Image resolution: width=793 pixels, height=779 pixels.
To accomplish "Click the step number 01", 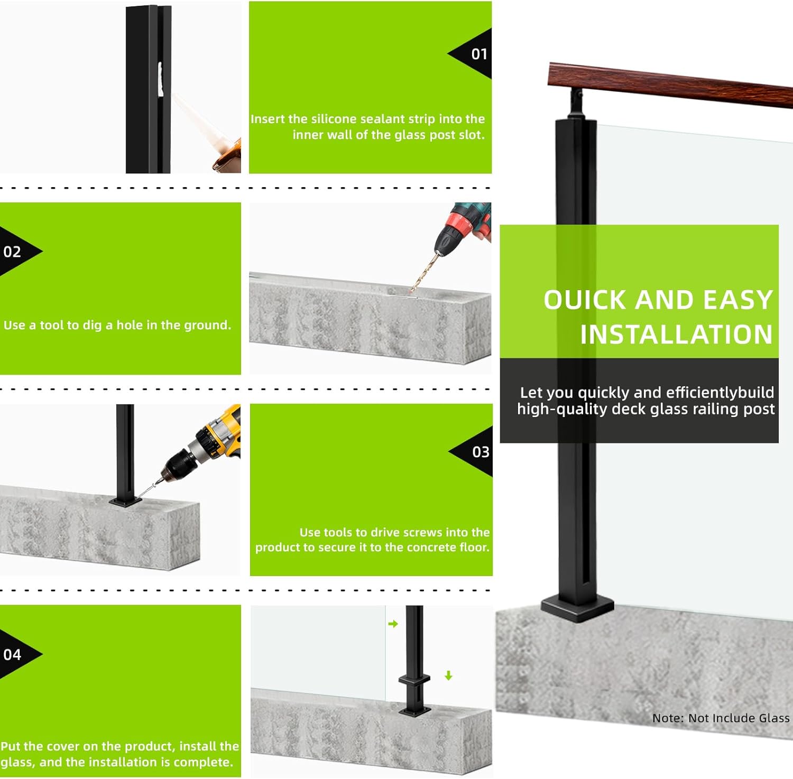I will (x=479, y=54).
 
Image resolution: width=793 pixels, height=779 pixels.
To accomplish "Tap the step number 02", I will (x=12, y=252).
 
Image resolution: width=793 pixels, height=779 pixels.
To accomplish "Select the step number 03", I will (x=481, y=452).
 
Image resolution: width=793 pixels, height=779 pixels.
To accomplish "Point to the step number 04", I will (x=12, y=654).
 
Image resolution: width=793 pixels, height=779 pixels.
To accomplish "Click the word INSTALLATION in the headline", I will (x=676, y=335).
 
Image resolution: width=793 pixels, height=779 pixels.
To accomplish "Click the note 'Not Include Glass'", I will (x=721, y=718).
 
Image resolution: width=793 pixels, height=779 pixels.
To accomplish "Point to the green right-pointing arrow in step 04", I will (x=393, y=624).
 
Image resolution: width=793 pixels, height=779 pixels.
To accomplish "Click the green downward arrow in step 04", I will (x=448, y=675).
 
